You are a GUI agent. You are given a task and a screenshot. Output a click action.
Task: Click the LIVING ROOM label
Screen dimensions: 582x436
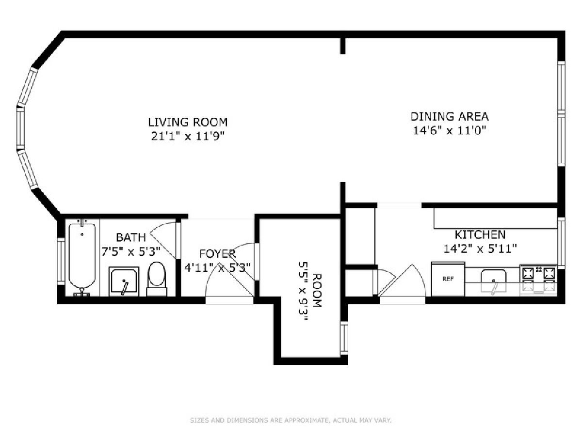[188, 122]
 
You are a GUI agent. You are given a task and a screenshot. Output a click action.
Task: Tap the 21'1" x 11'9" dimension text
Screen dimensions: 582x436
[188, 136]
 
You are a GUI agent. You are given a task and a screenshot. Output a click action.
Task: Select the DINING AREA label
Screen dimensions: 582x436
[449, 116]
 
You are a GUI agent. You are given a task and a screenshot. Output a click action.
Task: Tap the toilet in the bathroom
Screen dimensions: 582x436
[157, 279]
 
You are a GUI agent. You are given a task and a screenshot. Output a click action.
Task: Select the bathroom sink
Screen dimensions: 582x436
[124, 281]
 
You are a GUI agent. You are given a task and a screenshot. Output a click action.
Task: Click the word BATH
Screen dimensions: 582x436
[131, 237]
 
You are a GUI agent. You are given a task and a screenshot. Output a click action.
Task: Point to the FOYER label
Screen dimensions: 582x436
[217, 253]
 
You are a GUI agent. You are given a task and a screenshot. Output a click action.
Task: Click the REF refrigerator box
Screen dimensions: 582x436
[448, 279]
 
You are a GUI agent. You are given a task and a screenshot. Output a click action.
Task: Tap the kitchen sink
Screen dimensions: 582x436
[493, 281]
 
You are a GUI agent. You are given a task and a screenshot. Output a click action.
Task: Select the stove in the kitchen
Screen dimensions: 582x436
[538, 280]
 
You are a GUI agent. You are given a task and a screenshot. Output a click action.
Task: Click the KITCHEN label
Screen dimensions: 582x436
[480, 235]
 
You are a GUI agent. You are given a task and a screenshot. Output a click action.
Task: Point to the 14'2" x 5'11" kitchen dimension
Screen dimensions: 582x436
[480, 249]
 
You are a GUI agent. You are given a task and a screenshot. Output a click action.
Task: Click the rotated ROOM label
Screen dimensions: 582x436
[317, 290]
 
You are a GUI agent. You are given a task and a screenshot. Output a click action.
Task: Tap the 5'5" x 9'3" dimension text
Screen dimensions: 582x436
[303, 291]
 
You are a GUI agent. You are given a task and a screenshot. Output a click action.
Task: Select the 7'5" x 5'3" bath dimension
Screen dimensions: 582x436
[131, 251]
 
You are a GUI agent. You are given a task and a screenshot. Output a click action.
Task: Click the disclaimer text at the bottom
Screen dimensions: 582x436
[291, 420]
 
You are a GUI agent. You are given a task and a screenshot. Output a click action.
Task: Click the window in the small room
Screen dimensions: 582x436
[344, 338]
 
